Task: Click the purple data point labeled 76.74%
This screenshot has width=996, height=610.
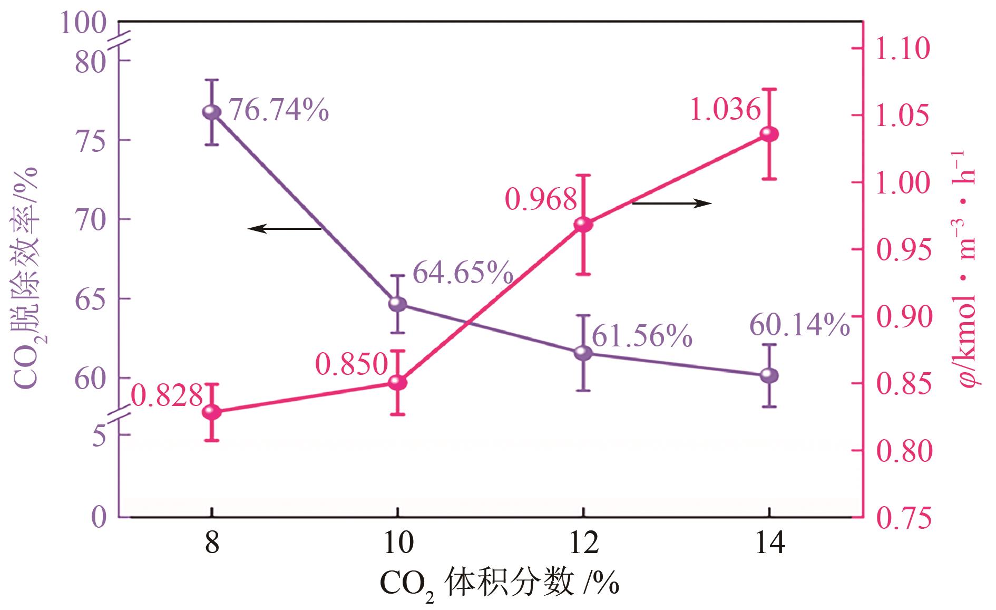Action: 212,112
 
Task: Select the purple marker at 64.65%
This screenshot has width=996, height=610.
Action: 398,304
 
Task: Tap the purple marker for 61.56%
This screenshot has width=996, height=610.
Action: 583,352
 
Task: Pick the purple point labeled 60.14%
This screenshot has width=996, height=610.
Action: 769,375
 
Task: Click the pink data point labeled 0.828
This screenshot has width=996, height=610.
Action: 212,412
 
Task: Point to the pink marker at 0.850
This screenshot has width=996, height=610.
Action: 398,382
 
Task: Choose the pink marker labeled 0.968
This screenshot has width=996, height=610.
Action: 583,225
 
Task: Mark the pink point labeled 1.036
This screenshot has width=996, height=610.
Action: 769,134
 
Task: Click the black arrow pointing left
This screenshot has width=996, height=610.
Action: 285,228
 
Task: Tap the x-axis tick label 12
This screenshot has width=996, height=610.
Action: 583,543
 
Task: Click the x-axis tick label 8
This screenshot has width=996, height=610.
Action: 212,543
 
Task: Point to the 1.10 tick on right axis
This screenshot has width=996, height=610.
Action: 903,49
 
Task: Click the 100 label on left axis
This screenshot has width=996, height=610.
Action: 83,24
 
